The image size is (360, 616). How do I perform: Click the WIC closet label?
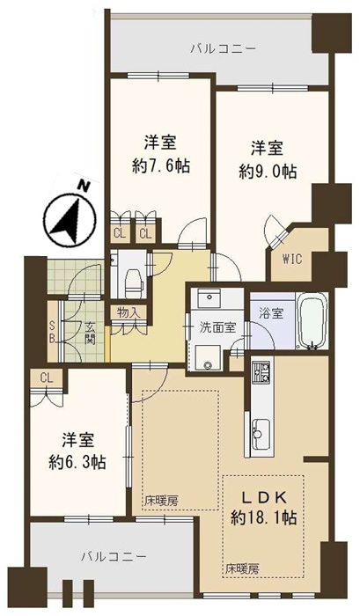point(292,259)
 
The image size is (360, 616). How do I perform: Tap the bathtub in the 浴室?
point(312,321)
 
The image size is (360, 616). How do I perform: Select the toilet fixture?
point(131,279)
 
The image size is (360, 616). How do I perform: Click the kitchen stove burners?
point(261,371)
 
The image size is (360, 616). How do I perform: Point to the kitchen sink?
point(261,434)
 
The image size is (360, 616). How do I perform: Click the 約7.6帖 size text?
point(161,167)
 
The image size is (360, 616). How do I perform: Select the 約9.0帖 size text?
point(268,172)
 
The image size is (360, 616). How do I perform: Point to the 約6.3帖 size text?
point(77,462)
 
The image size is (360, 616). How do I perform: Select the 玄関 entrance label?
point(91,334)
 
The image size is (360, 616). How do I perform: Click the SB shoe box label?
point(52,332)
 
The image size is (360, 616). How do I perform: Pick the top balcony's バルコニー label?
point(224,49)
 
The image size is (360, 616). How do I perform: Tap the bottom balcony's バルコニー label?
point(114,556)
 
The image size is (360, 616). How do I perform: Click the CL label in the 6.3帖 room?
point(47,378)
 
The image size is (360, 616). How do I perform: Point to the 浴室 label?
point(272,313)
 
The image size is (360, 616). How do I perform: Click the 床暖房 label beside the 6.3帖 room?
point(161,501)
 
